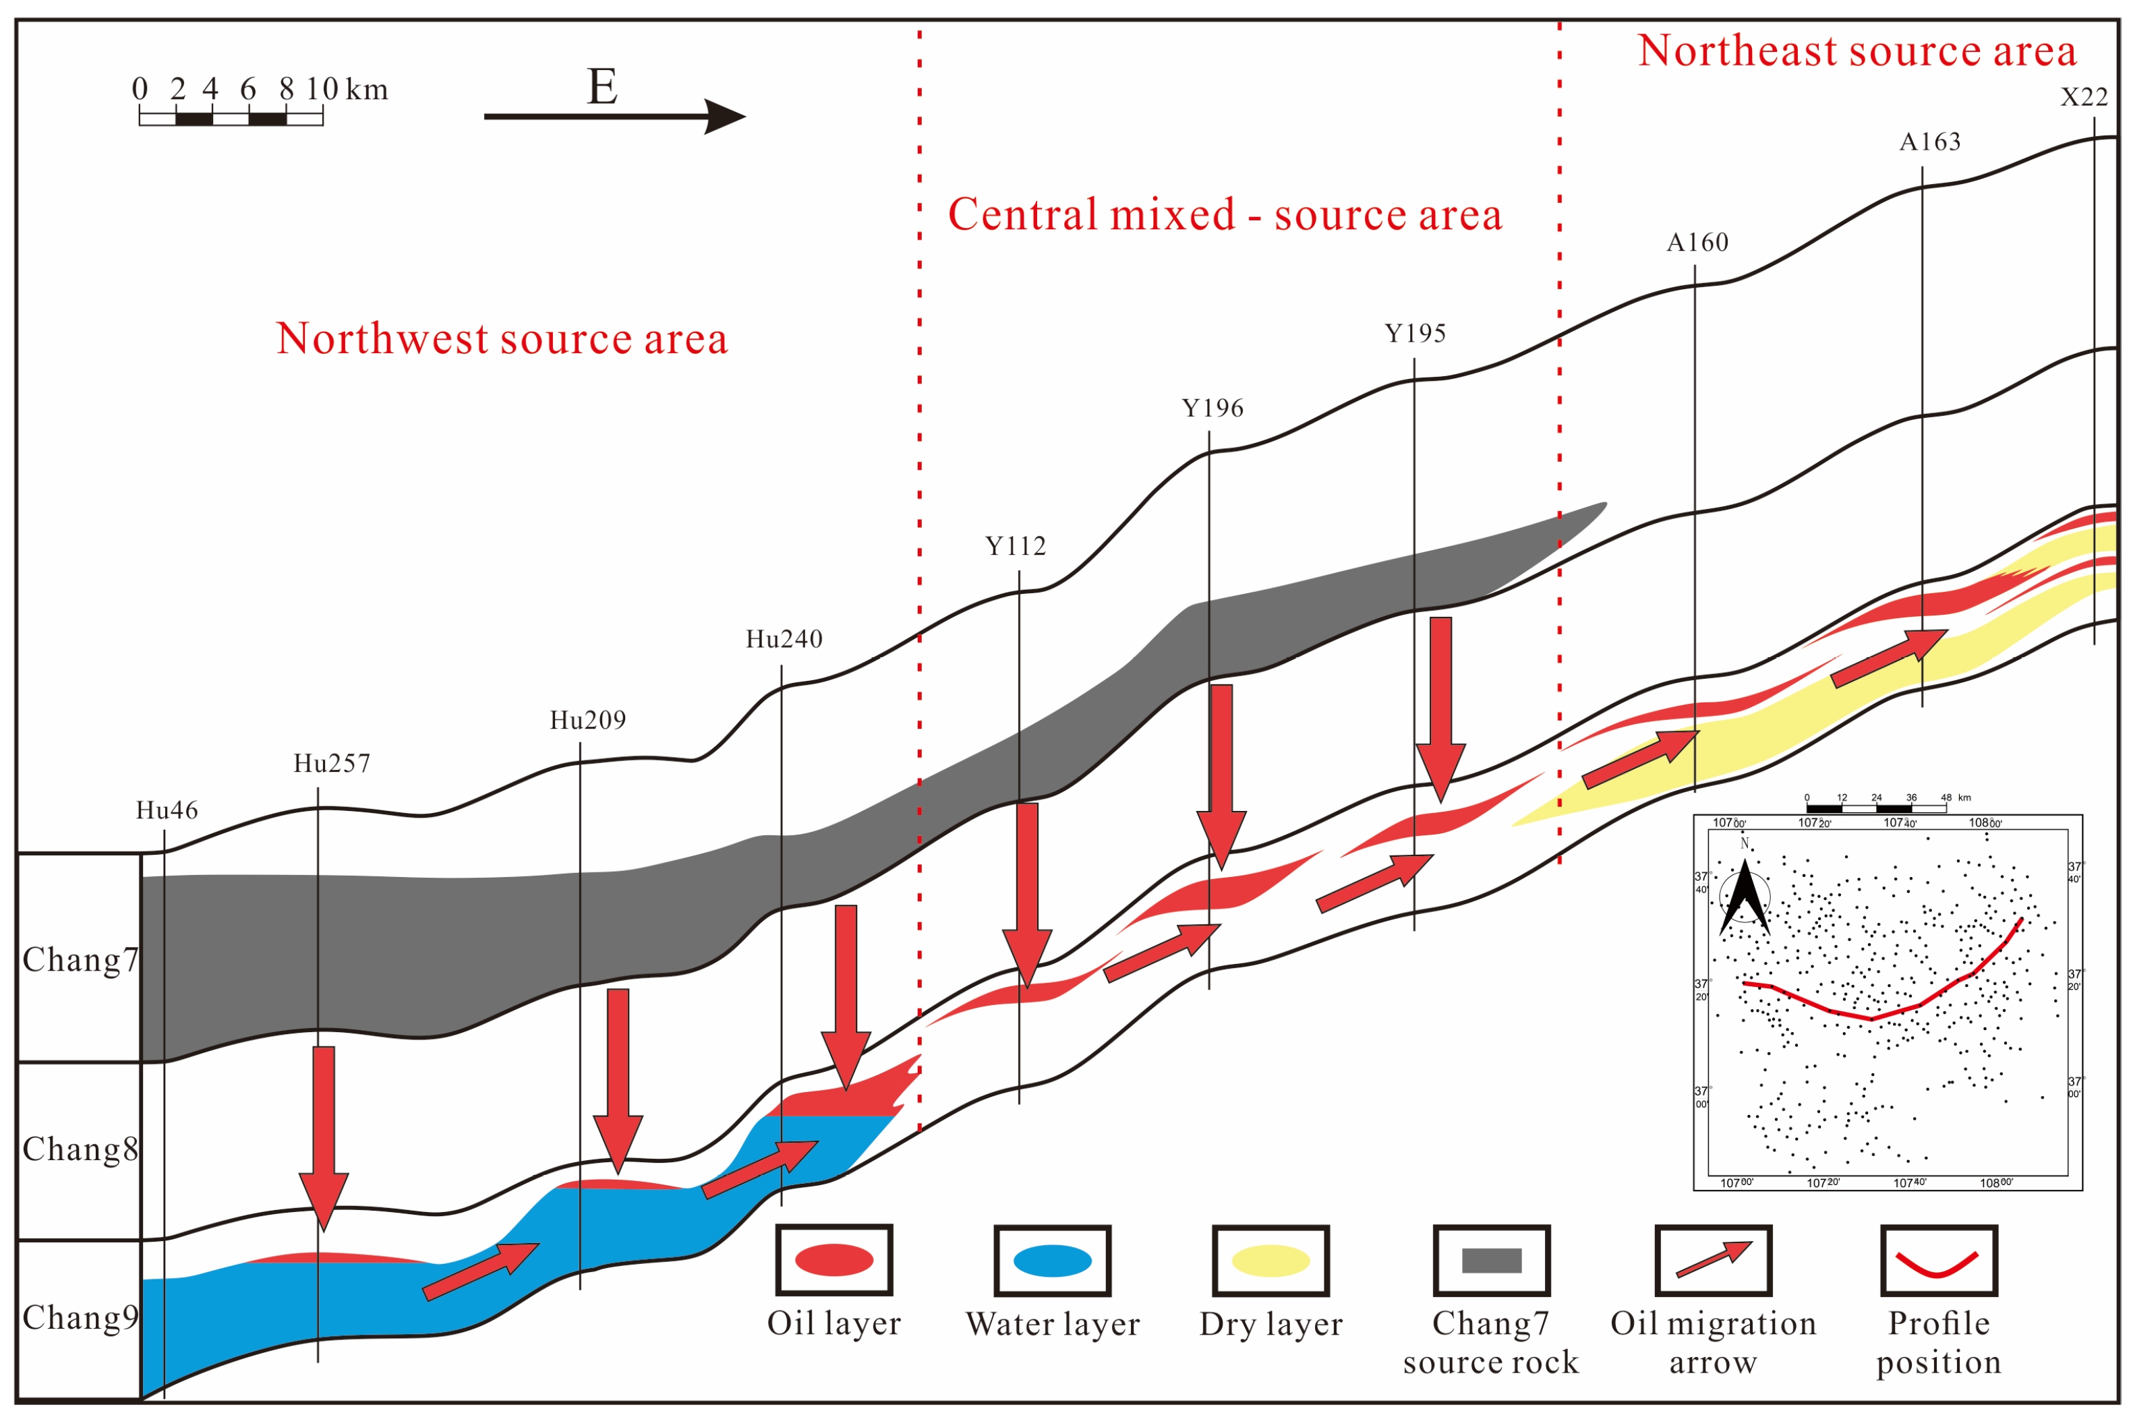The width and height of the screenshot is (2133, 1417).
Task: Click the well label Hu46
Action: click(x=167, y=810)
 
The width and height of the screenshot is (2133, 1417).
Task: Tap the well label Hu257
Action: click(x=332, y=764)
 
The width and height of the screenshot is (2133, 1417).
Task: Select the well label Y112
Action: click(x=1015, y=546)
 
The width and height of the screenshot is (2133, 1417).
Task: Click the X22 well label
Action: click(x=2083, y=96)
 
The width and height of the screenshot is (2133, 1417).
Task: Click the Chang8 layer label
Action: click(x=80, y=1149)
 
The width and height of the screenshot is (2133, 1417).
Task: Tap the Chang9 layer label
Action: click(x=80, y=1318)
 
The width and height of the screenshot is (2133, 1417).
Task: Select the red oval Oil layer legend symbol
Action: click(x=834, y=1260)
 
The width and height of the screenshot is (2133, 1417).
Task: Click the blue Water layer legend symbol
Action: click(x=1052, y=1260)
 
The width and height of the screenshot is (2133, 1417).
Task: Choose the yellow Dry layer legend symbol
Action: click(x=1270, y=1260)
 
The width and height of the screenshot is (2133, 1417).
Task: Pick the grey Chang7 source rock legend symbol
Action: click(x=1491, y=1260)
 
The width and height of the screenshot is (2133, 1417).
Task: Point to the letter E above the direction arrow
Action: click(x=602, y=87)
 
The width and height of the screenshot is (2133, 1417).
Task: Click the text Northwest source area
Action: click(x=502, y=339)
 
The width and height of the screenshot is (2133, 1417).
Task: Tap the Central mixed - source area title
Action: click(x=1225, y=215)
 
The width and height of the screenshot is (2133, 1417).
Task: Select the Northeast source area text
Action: click(x=1857, y=51)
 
